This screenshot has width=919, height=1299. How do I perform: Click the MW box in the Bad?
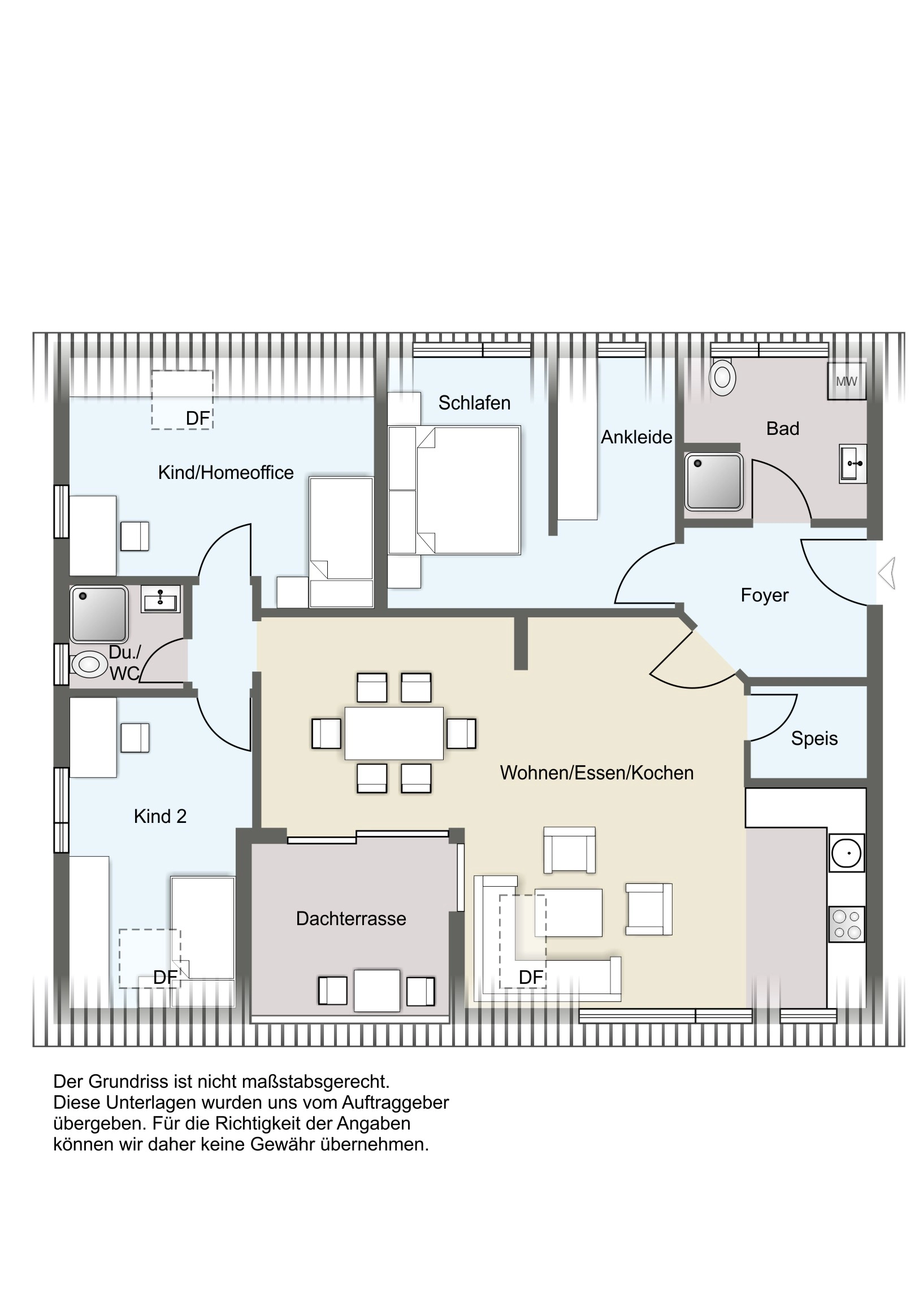(847, 381)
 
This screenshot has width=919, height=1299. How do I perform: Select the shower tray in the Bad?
(713, 481)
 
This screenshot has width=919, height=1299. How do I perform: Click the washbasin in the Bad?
(853, 464)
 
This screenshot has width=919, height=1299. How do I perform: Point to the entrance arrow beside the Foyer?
(887, 573)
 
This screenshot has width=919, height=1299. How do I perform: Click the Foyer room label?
(764, 595)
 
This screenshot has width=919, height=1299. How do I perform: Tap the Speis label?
(814, 739)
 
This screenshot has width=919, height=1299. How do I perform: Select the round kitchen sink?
(847, 853)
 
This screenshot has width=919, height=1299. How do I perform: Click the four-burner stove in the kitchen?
(847, 924)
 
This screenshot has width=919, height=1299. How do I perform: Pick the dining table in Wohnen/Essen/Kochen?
(394, 733)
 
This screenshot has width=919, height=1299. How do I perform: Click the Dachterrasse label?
(351, 919)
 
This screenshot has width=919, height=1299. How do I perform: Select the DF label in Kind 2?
(166, 977)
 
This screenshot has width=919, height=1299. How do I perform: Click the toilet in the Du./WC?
(88, 663)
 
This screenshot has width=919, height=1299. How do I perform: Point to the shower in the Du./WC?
(99, 614)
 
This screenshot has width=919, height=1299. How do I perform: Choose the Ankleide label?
(636, 437)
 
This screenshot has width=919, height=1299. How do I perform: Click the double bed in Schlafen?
(454, 490)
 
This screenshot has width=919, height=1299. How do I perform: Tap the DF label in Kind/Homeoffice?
(198, 418)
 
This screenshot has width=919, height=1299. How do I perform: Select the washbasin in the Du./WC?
(162, 599)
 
